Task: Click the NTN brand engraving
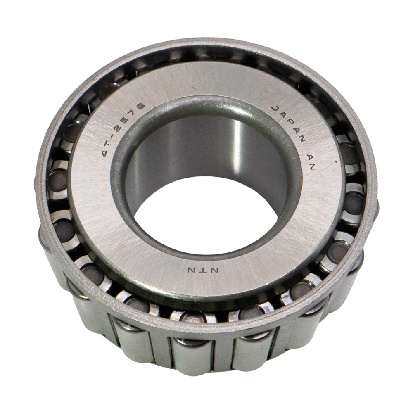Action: [203, 270]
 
